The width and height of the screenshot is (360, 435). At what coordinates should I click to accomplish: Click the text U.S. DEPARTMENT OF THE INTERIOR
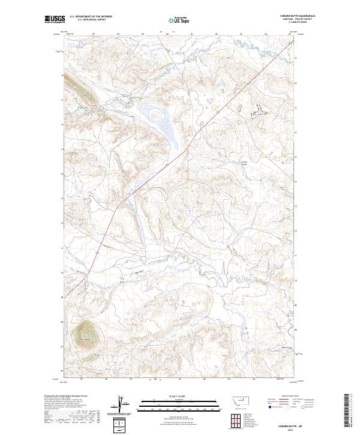click(91, 16)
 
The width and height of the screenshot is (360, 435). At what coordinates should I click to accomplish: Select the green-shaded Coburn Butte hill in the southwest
click(85, 333)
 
